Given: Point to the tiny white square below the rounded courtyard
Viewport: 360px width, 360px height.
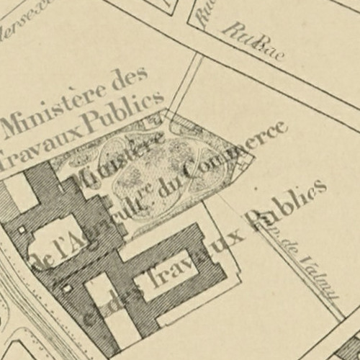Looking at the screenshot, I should click(x=66, y=289).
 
